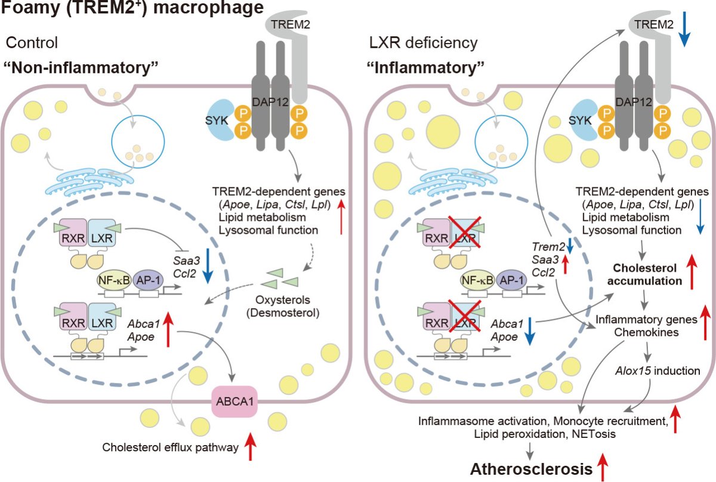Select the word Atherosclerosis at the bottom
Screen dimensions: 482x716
pyautogui.click(x=526, y=469)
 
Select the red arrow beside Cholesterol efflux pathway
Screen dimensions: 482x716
pyautogui.click(x=250, y=444)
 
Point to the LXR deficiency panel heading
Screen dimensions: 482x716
pyautogui.click(x=422, y=43)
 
